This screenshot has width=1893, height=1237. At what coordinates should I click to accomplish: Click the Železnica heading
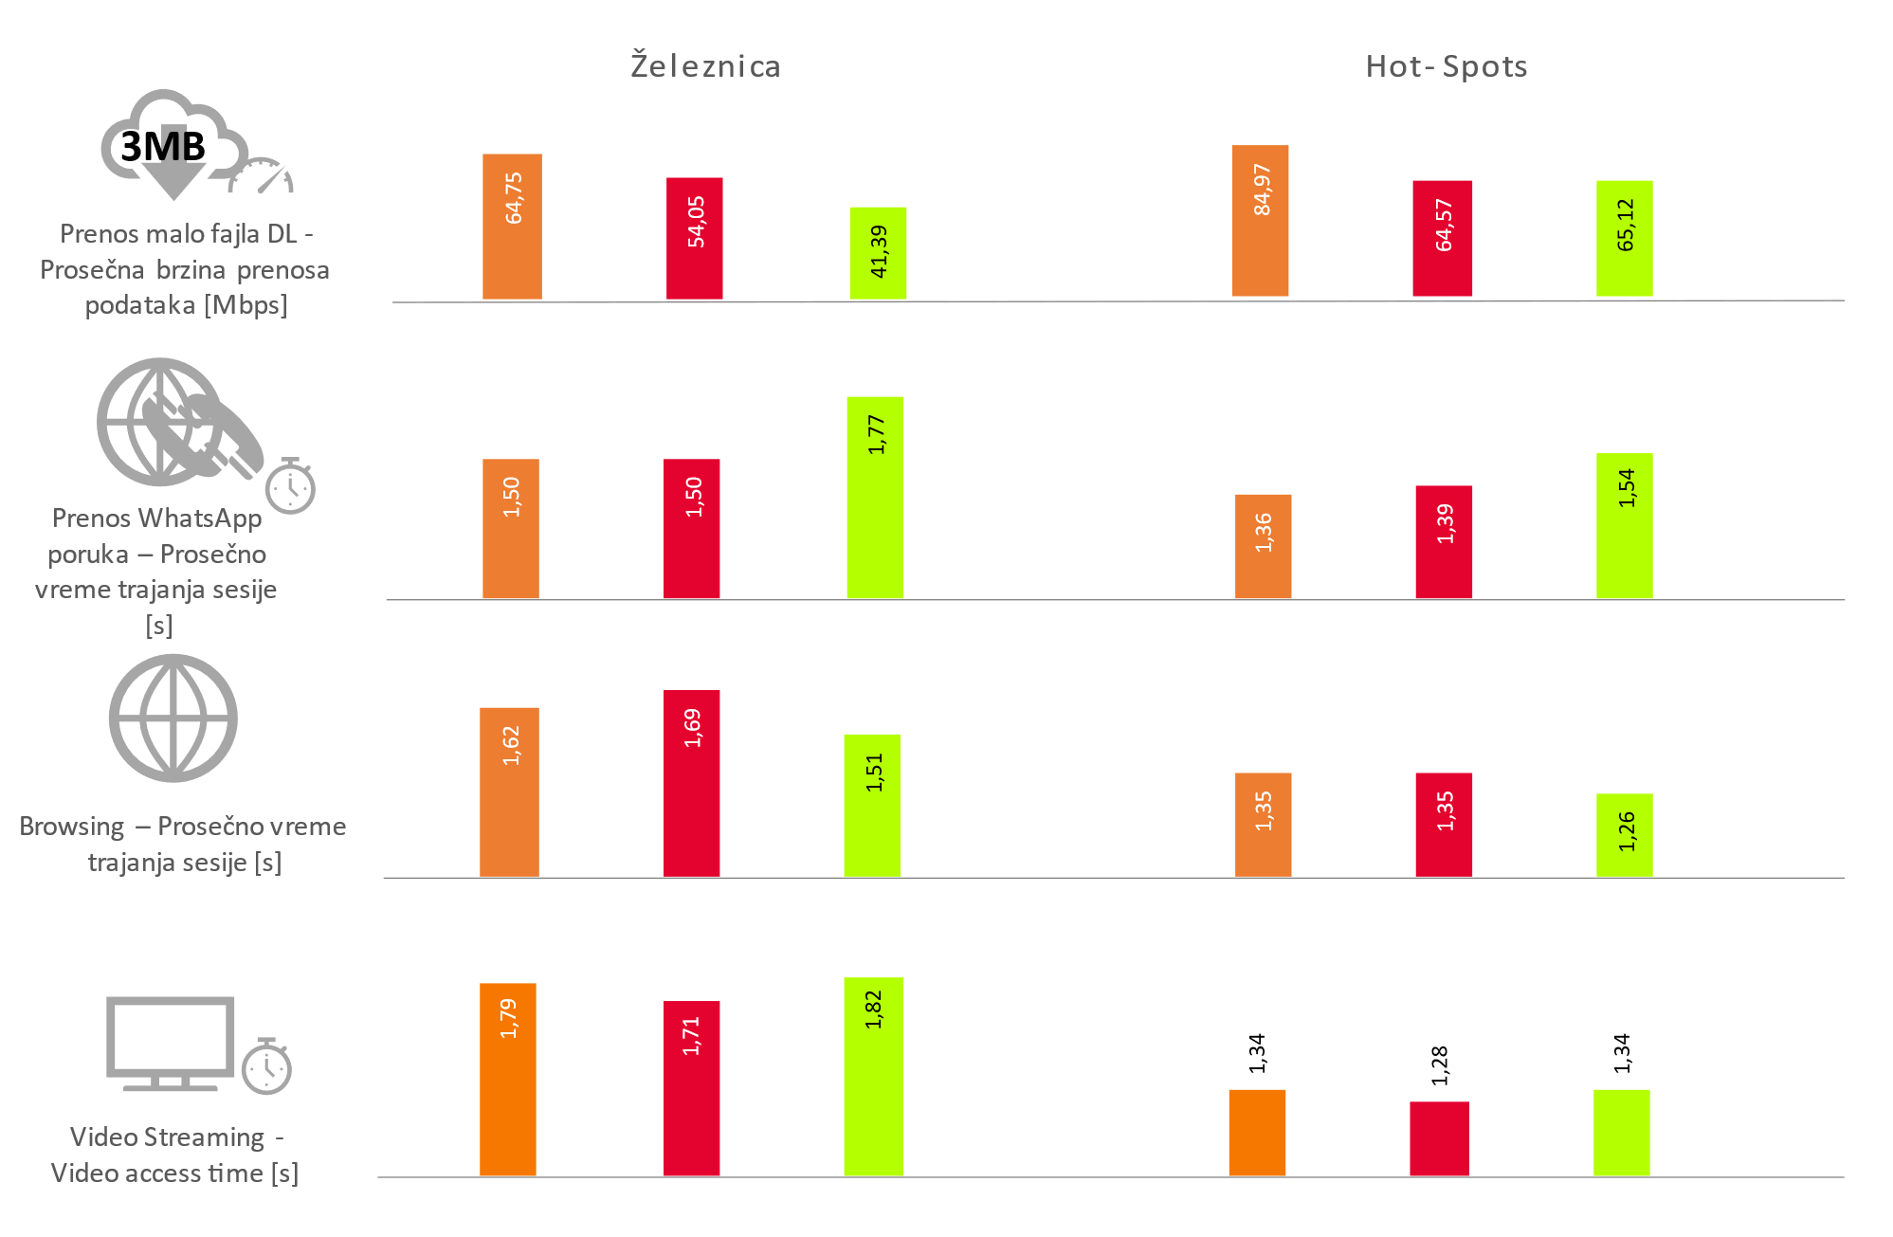tap(705, 66)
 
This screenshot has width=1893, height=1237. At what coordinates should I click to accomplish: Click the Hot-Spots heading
tap(1446, 66)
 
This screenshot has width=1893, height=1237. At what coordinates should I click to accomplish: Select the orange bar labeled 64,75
tap(512, 227)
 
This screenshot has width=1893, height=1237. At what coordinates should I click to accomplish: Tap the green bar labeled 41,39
tap(878, 254)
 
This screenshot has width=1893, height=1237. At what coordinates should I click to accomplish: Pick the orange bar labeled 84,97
tap(1260, 221)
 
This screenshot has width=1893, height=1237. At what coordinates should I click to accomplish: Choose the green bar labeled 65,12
tap(1624, 239)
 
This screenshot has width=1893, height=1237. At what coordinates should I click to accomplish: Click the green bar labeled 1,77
tap(875, 498)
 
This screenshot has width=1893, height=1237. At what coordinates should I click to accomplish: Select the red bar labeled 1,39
tap(1444, 542)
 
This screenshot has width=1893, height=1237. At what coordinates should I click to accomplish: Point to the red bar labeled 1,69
tap(691, 783)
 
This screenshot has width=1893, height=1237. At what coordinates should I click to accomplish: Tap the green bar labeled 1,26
tap(1624, 835)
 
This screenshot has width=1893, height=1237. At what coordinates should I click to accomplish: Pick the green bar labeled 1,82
tap(873, 1076)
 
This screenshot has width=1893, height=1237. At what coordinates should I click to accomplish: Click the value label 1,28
tap(1440, 1065)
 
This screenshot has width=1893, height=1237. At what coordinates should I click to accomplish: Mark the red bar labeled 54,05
tap(694, 239)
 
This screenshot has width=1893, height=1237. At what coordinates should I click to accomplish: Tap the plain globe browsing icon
tap(173, 718)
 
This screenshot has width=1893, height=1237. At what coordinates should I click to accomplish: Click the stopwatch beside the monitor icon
tap(266, 1066)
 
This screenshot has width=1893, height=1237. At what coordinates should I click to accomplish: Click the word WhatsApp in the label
tap(199, 518)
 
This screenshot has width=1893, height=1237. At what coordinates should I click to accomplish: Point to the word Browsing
tap(72, 827)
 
